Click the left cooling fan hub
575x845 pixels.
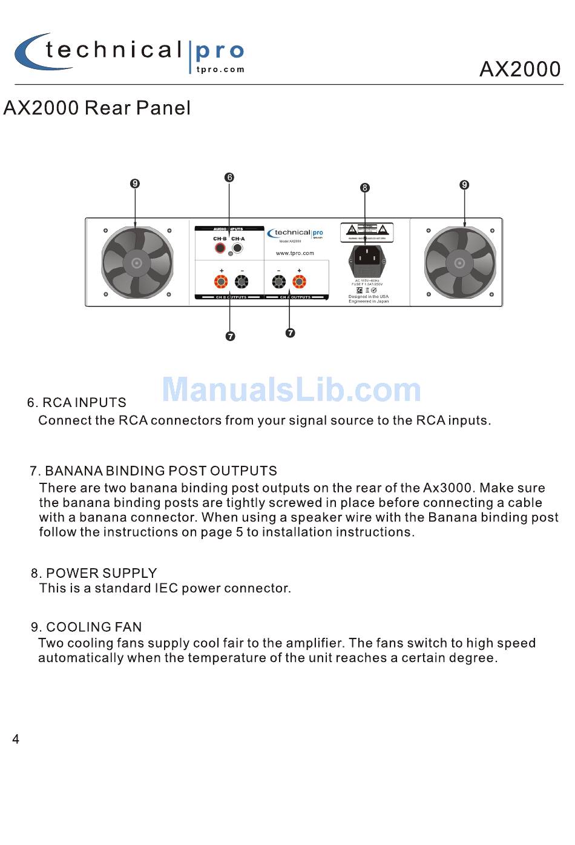point(137,263)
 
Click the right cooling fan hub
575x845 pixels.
point(459,263)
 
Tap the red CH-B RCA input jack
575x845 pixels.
point(220,248)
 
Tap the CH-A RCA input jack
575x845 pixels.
point(238,248)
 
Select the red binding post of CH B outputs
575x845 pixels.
point(222,282)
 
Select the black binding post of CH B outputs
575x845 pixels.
point(241,282)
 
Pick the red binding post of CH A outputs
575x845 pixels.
point(299,282)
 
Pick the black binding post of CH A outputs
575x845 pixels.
point(279,282)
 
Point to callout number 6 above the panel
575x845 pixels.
point(229,177)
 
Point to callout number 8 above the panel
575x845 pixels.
point(364,188)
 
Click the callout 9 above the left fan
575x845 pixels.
point(135,184)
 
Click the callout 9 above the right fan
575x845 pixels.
point(464,185)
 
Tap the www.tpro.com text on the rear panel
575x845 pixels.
point(295,253)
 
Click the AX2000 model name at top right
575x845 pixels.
point(520,69)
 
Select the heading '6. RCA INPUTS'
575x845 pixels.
point(77,403)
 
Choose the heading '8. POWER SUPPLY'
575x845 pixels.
point(94,573)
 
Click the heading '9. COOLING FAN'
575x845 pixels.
point(87,627)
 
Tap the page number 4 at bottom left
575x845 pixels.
point(16,739)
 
